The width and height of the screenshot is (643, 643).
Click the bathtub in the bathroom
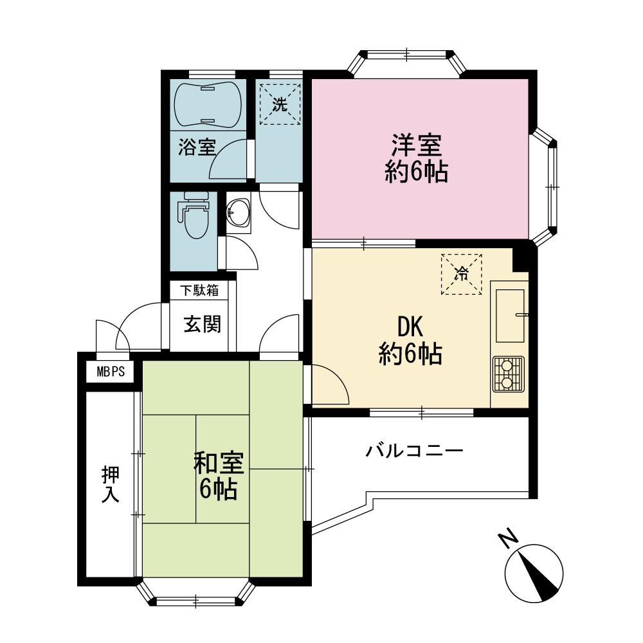click(208, 104)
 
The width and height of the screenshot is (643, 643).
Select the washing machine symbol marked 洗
click(279, 104)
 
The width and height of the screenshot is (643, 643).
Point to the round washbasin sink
click(239, 213)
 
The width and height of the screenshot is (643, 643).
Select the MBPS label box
click(110, 372)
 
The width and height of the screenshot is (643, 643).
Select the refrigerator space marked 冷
click(461, 274)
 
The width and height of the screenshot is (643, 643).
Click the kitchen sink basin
click(509, 315)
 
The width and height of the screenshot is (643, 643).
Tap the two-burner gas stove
click(508, 374)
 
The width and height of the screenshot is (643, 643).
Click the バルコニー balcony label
click(414, 451)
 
